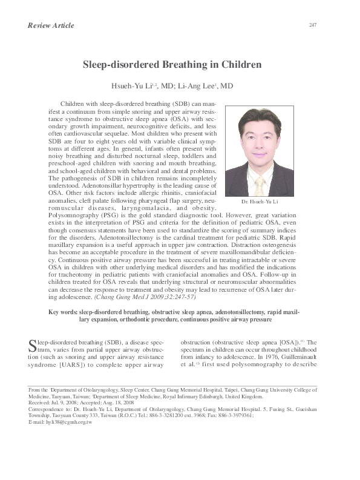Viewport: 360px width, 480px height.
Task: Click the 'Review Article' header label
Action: (51, 25)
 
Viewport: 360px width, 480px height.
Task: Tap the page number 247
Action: (313, 25)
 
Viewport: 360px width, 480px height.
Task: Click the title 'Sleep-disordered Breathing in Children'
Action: (172, 64)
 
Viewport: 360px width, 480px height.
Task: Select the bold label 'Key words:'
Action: (65, 311)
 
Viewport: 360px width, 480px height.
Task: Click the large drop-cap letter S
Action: (34, 346)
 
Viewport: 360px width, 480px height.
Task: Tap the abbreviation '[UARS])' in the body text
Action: (88, 365)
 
